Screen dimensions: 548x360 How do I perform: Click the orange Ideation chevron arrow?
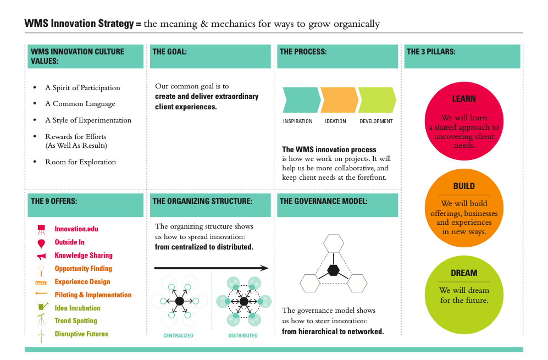(x=339, y=100)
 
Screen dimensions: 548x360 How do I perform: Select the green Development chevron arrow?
(x=377, y=100)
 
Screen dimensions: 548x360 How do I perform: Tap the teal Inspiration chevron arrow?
(x=302, y=100)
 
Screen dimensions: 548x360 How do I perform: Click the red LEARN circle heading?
(x=464, y=99)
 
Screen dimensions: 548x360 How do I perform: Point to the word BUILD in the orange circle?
(x=464, y=186)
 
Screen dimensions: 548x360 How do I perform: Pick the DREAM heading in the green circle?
(x=464, y=273)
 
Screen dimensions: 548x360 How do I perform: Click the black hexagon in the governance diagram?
(x=334, y=270)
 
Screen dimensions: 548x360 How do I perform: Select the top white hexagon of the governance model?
(x=334, y=243)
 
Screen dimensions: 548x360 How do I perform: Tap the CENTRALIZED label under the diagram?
(x=178, y=335)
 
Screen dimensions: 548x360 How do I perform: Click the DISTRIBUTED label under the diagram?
(x=243, y=335)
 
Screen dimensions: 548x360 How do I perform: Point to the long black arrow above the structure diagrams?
(x=212, y=268)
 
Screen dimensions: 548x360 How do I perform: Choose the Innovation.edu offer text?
(x=76, y=229)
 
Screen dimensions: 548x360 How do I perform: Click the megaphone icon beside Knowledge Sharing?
(x=41, y=257)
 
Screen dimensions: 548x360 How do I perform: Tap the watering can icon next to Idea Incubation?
(x=42, y=306)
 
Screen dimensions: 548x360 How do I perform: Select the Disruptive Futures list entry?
(x=81, y=334)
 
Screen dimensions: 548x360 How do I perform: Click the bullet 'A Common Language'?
(x=80, y=104)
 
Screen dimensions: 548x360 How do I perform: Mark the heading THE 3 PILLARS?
(x=431, y=52)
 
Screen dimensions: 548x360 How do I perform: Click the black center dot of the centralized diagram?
(x=179, y=301)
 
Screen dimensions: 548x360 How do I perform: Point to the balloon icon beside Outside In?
(x=41, y=243)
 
